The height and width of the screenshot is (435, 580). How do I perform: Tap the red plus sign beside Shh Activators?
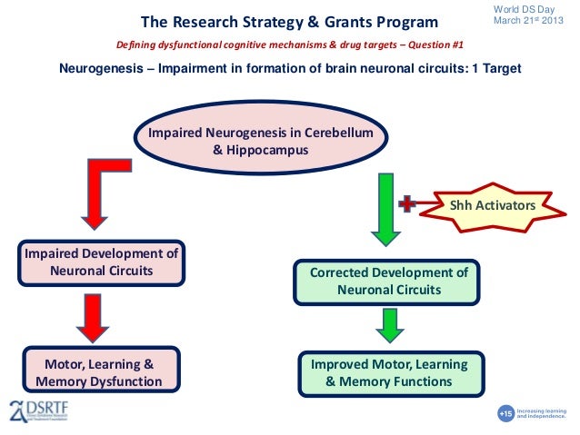407,205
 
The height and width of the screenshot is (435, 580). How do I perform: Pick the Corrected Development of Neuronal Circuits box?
388,281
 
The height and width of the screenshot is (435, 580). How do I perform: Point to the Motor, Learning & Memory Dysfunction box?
99,372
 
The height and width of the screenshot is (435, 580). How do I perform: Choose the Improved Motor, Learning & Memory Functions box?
388,372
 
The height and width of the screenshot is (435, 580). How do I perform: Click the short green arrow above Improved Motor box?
388,324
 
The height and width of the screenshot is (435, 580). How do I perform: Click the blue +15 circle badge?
506,413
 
